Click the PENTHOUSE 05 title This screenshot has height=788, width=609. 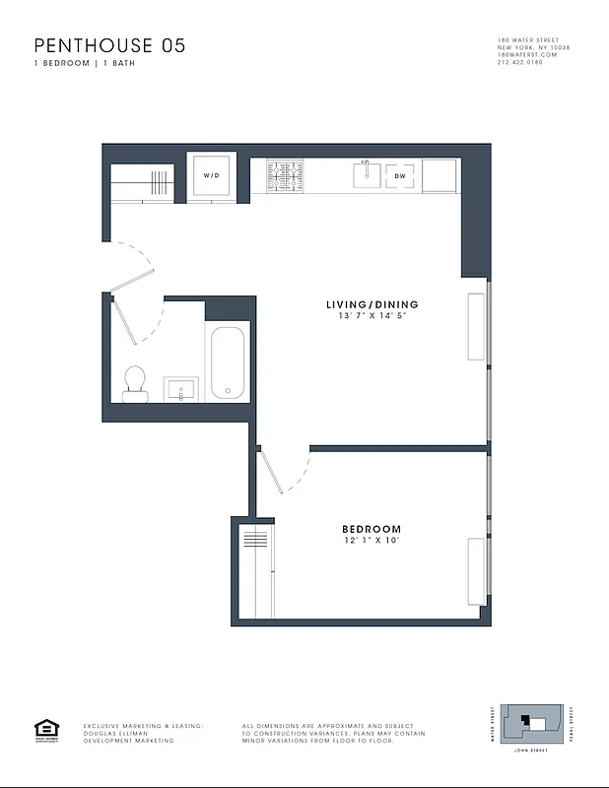pyautogui.click(x=109, y=45)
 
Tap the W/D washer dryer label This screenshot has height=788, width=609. pyautogui.click(x=211, y=175)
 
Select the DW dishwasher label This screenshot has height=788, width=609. pyautogui.click(x=400, y=175)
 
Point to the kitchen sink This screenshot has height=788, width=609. pyautogui.click(x=367, y=174)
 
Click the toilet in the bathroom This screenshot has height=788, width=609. pyautogui.click(x=134, y=382)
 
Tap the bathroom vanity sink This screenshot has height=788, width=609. pyautogui.click(x=180, y=390)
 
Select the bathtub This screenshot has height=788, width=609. pyautogui.click(x=226, y=361)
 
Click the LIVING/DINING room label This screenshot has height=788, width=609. pyautogui.click(x=372, y=304)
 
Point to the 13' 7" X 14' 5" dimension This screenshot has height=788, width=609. pyautogui.click(x=372, y=316)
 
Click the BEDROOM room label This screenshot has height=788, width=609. pyautogui.click(x=372, y=529)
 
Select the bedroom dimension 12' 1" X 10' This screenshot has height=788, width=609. pyautogui.click(x=372, y=541)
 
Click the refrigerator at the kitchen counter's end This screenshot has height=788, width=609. pyautogui.click(x=439, y=175)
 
